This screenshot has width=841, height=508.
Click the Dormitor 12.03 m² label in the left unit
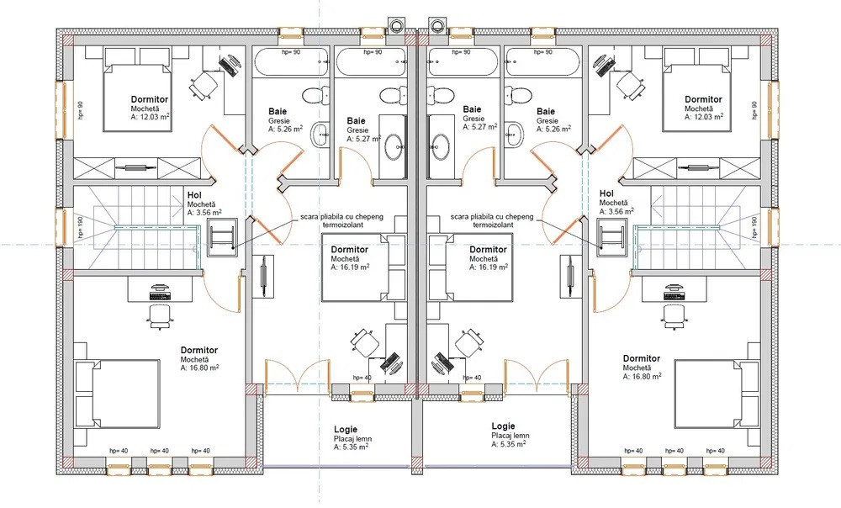(x=150, y=108)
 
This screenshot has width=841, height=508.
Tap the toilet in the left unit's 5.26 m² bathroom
(x=315, y=97)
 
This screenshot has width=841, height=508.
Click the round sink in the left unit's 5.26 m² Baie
(x=320, y=134)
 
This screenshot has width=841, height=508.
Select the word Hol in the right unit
(x=606, y=193)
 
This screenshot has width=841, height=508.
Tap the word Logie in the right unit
(x=503, y=426)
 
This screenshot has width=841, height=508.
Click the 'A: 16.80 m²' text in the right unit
(x=642, y=377)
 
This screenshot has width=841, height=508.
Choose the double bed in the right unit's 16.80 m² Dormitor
(x=717, y=394)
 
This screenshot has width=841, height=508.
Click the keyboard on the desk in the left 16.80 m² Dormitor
(x=160, y=295)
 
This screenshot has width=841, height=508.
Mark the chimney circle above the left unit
(x=396, y=24)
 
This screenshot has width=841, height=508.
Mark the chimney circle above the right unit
(x=435, y=24)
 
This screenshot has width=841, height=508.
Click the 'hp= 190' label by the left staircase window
(x=81, y=227)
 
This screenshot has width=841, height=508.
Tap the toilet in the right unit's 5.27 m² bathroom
(x=442, y=97)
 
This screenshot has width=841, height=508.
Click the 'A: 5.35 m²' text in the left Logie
(x=351, y=447)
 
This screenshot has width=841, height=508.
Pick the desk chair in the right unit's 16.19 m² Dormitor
(x=468, y=342)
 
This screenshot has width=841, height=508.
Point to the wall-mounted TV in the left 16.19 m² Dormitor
(x=264, y=277)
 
